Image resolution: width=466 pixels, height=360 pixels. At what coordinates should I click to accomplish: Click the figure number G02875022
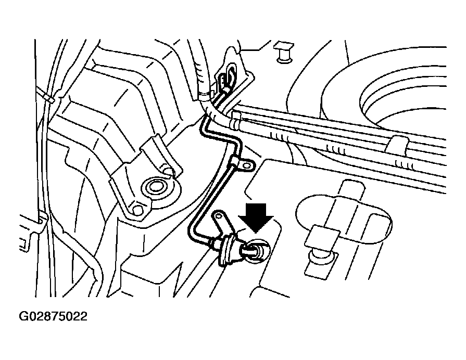point(53,317)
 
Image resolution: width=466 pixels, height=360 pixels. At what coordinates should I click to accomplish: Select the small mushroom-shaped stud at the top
point(283,53)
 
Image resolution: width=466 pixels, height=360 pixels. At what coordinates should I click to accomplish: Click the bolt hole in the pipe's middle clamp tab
point(246,165)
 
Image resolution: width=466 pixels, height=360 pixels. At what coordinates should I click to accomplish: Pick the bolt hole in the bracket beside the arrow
point(220,214)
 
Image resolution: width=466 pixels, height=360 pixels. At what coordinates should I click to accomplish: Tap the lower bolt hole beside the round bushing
point(137,210)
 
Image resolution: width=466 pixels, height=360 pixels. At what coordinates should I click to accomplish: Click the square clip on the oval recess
point(318,238)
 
